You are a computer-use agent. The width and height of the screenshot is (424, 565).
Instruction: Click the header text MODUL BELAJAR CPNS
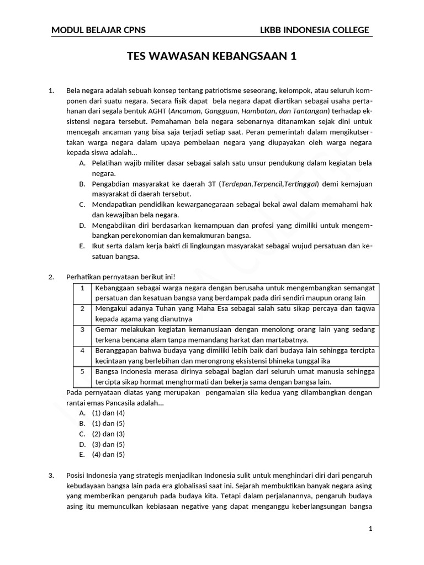pyautogui.click(x=98, y=30)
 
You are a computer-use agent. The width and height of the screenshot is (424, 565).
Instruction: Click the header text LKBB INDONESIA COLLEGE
pyautogui.click(x=315, y=30)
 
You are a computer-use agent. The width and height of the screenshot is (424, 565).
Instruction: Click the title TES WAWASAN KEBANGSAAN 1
pyautogui.click(x=212, y=56)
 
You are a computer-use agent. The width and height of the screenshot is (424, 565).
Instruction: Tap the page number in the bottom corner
pyautogui.click(x=371, y=529)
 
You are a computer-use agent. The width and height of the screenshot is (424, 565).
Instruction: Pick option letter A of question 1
pyautogui.click(x=82, y=163)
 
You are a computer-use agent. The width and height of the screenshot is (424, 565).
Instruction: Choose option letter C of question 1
pyautogui.click(x=82, y=204)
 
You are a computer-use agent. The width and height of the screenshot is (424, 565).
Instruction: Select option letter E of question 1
pyautogui.click(x=82, y=246)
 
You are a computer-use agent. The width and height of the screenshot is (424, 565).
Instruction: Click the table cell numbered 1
pyautogui.click(x=82, y=288)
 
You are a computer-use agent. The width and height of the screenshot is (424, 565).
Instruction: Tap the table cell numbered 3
pyautogui.click(x=82, y=329)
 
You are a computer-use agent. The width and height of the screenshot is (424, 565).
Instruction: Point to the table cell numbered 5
pyautogui.click(x=82, y=371)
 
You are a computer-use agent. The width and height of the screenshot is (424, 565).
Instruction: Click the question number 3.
pyautogui.click(x=52, y=475)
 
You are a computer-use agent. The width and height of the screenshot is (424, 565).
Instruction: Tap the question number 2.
pyautogui.click(x=52, y=276)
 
